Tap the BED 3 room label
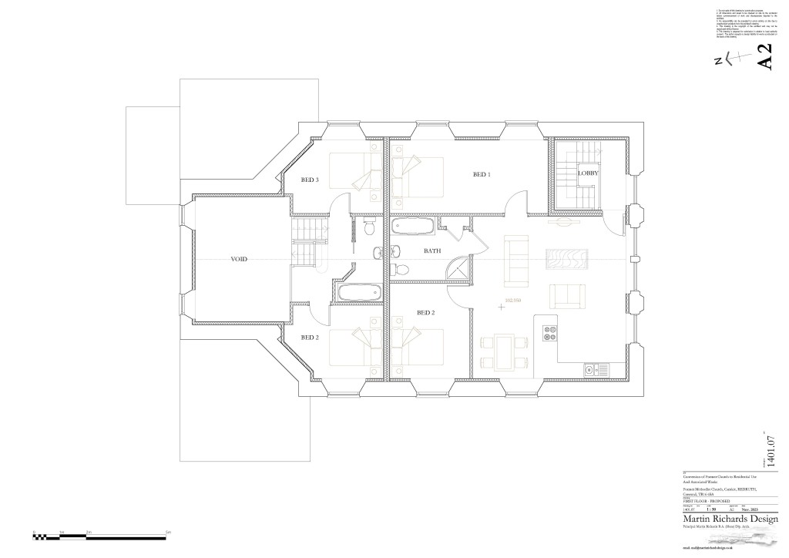[310, 180]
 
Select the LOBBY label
[589, 173]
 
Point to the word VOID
[239, 260]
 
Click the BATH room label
[432, 251]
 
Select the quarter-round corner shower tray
[461, 269]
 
